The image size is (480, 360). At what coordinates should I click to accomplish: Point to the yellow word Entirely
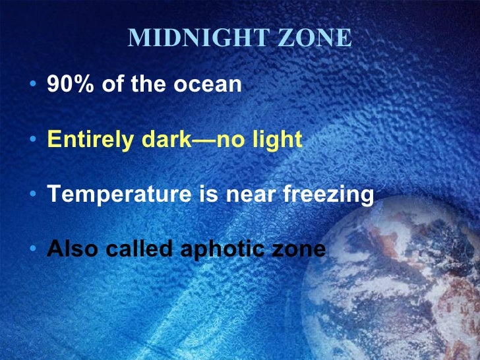pos(87,140)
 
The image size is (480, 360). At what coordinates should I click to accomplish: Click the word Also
pos(71,249)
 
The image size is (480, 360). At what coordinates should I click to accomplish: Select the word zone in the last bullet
pos(301,250)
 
